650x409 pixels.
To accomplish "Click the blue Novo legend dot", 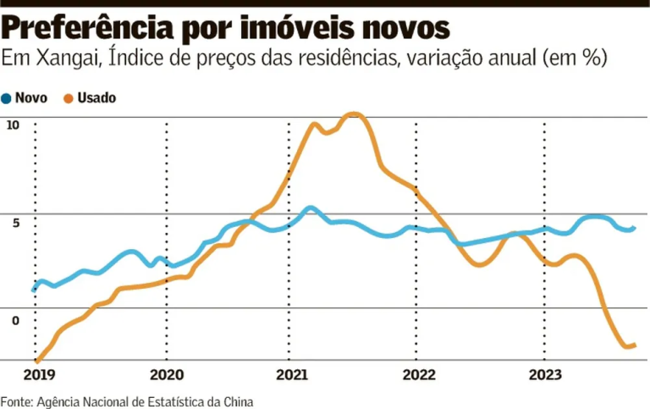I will [8, 97].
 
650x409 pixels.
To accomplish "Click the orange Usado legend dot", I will [69, 97].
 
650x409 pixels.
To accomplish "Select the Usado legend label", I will [96, 97].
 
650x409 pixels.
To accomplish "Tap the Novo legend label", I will [31, 97].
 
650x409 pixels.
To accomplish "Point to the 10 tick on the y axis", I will [12, 125].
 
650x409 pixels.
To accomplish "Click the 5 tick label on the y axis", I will [14, 223].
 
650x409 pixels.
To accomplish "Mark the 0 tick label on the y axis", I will [14, 319].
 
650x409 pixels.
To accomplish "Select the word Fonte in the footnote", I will [15, 401].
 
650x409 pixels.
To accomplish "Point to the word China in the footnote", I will [237, 401].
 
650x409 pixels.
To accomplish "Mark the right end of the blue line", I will [634, 227].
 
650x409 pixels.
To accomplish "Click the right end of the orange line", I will [634, 345].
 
